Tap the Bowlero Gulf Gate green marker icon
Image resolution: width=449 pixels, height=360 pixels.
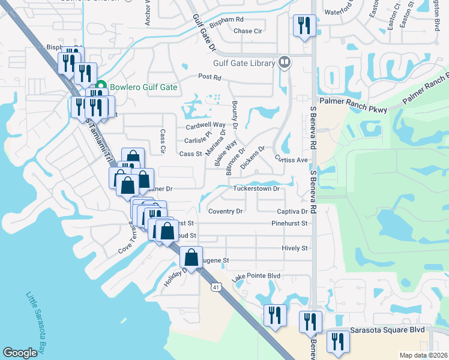[101, 86]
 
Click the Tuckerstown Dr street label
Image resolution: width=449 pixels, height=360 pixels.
[256, 188]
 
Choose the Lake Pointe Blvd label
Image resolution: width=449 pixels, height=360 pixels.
[256, 276]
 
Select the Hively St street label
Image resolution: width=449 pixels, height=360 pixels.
[294, 248]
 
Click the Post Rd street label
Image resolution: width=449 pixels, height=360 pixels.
[209, 77]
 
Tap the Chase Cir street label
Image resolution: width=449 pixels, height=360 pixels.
[248, 31]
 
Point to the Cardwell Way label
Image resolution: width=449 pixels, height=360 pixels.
[205, 126]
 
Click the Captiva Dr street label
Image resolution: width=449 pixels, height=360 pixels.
[292, 211]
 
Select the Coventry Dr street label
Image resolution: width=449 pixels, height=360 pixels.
[225, 211]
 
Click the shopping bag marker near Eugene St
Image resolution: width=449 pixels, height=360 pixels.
[191, 257]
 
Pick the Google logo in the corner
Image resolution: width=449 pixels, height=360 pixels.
[20, 353]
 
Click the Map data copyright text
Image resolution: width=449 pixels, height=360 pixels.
[424, 355]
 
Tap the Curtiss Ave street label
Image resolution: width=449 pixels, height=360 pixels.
[291, 160]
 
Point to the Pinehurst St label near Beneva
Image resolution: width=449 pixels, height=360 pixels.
[289, 223]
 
